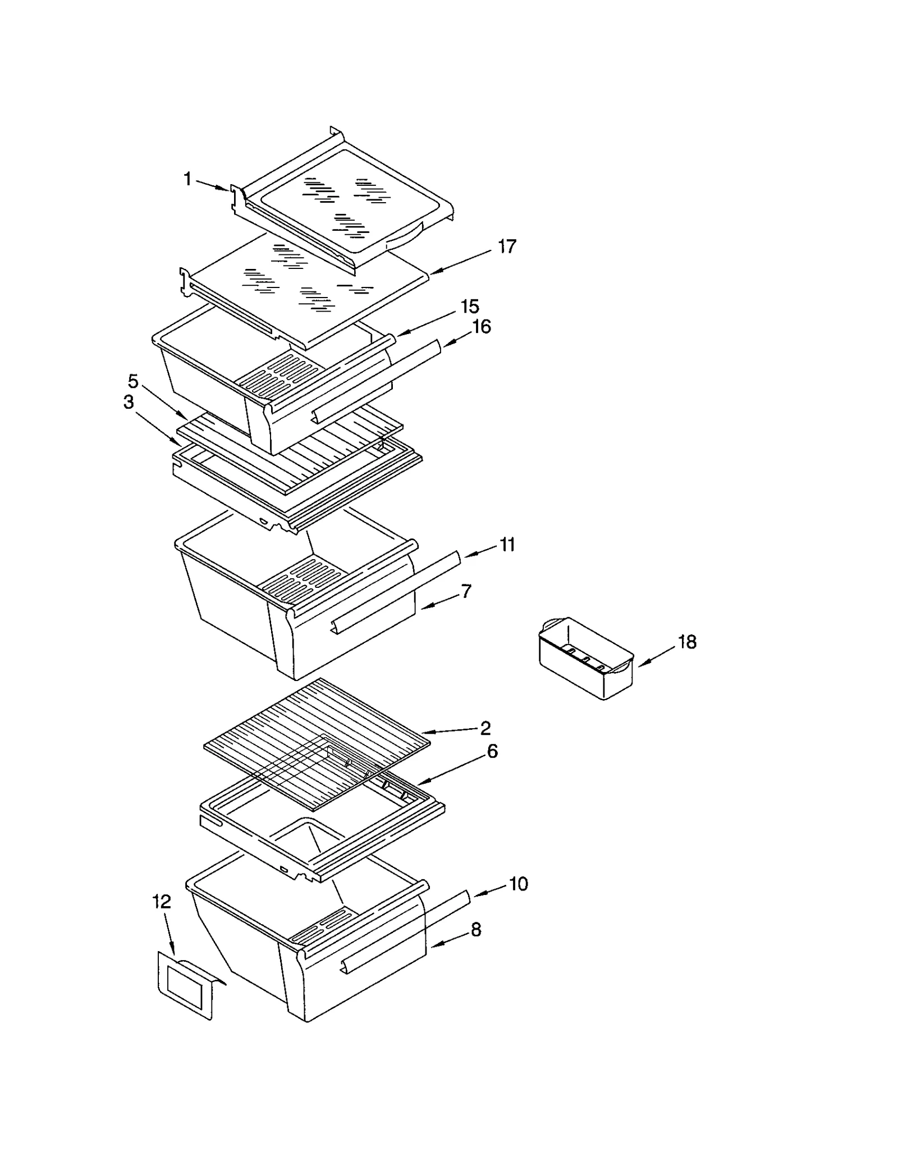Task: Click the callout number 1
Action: pyautogui.click(x=187, y=179)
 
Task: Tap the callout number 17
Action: pyautogui.click(x=507, y=246)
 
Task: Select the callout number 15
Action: pyautogui.click(x=470, y=307)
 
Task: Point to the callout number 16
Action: pyautogui.click(x=481, y=327)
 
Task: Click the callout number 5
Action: pyautogui.click(x=133, y=381)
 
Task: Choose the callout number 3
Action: pyautogui.click(x=129, y=402)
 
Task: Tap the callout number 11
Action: pyautogui.click(x=507, y=545)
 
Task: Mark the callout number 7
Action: pyautogui.click(x=466, y=591)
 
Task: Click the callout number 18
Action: pyautogui.click(x=688, y=642)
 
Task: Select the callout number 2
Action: pyautogui.click(x=485, y=728)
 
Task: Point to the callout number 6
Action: pyautogui.click(x=492, y=751)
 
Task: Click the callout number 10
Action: pyautogui.click(x=518, y=884)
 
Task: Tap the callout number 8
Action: pyautogui.click(x=475, y=930)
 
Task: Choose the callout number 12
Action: pyautogui.click(x=162, y=902)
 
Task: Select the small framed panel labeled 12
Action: pyautogui.click(x=185, y=987)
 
